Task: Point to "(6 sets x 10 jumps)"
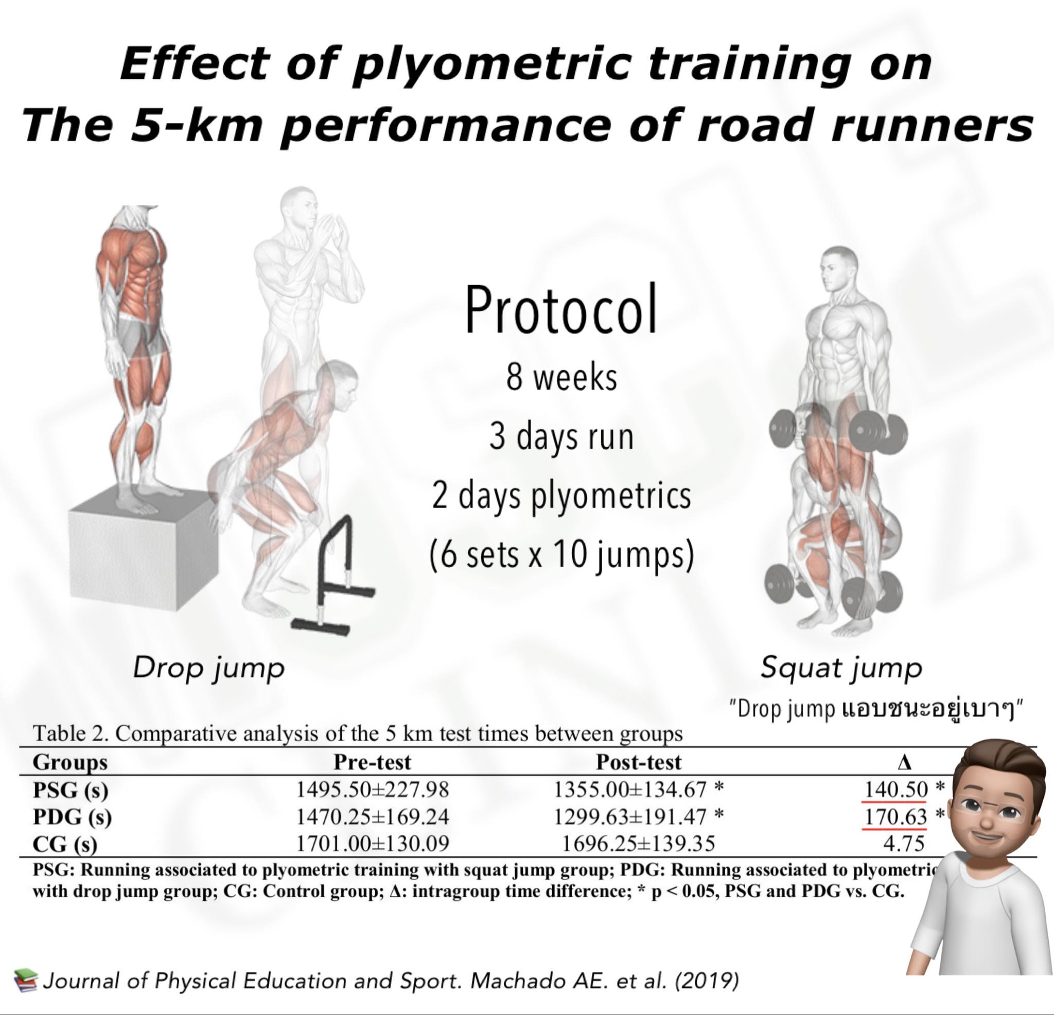point(561,554)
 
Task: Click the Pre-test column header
point(372,762)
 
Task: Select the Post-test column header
point(639,762)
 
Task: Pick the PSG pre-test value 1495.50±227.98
point(373,790)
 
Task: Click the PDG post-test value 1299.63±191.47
point(630,816)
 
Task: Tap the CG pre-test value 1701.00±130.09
point(373,844)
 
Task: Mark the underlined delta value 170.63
point(896,816)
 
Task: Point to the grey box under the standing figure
point(141,549)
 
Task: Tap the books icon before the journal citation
point(26,981)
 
